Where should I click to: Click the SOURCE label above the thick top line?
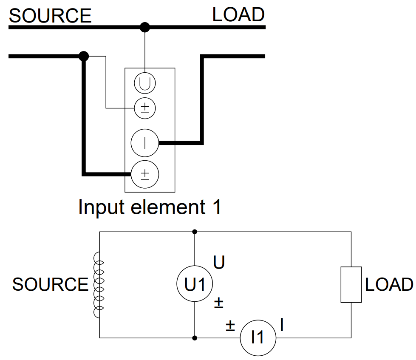(x=50, y=16)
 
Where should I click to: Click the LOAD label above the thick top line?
(x=238, y=15)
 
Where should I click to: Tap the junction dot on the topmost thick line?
(x=145, y=28)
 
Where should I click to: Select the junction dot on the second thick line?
(x=84, y=56)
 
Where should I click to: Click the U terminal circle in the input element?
(x=145, y=83)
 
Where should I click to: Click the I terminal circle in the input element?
(x=144, y=143)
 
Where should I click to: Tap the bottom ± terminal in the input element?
(x=144, y=174)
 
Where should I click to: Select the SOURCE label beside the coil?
(x=50, y=284)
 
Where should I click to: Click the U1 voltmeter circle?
(x=195, y=284)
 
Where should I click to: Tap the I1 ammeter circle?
(x=258, y=337)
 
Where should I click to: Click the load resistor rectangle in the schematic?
(x=351, y=284)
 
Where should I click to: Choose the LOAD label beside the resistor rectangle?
(x=389, y=284)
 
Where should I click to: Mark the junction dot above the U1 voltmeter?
(x=195, y=232)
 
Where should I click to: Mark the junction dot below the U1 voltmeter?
(x=195, y=338)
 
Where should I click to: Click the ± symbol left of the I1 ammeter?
(x=230, y=326)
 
